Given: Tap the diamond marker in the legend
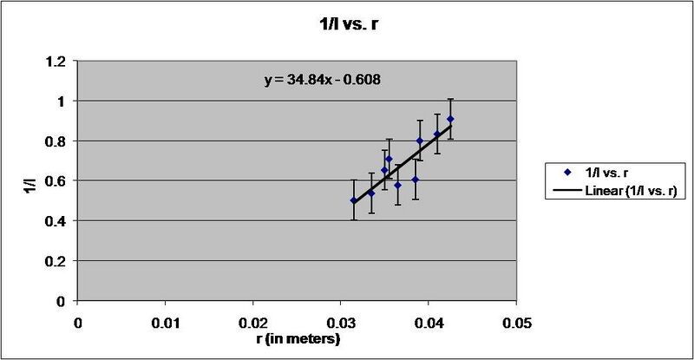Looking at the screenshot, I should (564, 173).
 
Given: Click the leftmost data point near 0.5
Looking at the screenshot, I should (353, 200).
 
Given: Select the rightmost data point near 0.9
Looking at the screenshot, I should (450, 119).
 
